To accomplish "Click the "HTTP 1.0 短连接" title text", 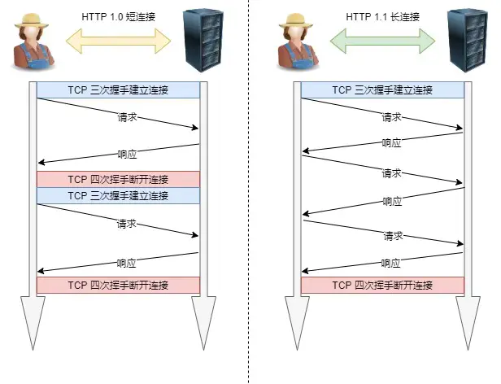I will (x=118, y=15).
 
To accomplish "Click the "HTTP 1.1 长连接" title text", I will (x=382, y=15).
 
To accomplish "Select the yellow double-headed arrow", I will (x=118, y=37).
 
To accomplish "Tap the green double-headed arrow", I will (x=382, y=37).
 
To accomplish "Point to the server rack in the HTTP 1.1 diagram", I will (x=466, y=41).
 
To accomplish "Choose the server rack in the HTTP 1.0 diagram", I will (x=202, y=41).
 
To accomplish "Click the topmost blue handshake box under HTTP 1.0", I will (x=118, y=90).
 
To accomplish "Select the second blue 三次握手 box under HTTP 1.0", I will (x=118, y=195).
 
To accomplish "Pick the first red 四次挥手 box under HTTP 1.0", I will (x=118, y=179).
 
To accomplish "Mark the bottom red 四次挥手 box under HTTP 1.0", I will (x=118, y=285).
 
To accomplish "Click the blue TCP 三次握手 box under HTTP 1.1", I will (x=382, y=90).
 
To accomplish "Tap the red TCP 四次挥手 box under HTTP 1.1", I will (x=382, y=285).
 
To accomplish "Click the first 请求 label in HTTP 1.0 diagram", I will (x=126, y=117).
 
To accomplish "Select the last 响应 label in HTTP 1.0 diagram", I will (x=126, y=263).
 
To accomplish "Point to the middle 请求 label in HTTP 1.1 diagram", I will (x=391, y=173).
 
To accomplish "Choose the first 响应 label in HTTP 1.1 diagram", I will (x=391, y=142).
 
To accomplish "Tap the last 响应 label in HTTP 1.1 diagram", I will (x=391, y=263).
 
